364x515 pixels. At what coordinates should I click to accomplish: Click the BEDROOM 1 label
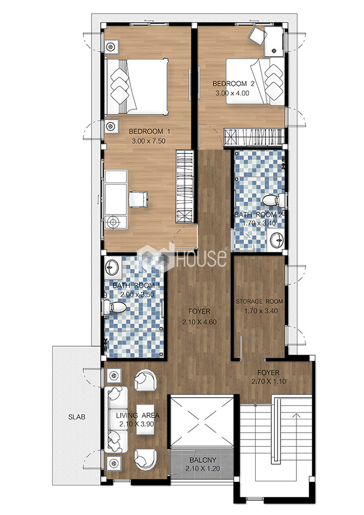point(149,132)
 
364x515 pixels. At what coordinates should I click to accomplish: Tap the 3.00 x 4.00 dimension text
point(232,93)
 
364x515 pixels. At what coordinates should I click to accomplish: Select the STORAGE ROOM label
point(259,301)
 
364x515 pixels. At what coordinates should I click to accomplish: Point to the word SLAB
point(77,417)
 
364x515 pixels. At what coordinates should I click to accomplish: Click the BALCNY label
point(203,460)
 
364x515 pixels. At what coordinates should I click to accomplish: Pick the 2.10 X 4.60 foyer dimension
point(199,322)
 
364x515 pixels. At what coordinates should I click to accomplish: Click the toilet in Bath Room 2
point(274,200)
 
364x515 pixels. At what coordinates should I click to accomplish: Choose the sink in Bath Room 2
point(275,239)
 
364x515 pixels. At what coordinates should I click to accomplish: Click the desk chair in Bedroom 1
point(139,199)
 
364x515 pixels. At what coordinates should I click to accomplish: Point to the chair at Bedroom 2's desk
point(257,35)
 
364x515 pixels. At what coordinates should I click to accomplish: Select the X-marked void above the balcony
point(202,421)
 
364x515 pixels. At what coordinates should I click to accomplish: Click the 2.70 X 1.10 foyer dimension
point(268,381)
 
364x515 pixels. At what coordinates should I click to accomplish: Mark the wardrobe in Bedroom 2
point(254,136)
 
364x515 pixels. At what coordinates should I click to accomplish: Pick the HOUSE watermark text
point(201,258)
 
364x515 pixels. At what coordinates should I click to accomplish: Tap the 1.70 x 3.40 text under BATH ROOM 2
point(259,223)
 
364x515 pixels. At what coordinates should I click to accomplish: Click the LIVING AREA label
point(137,415)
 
